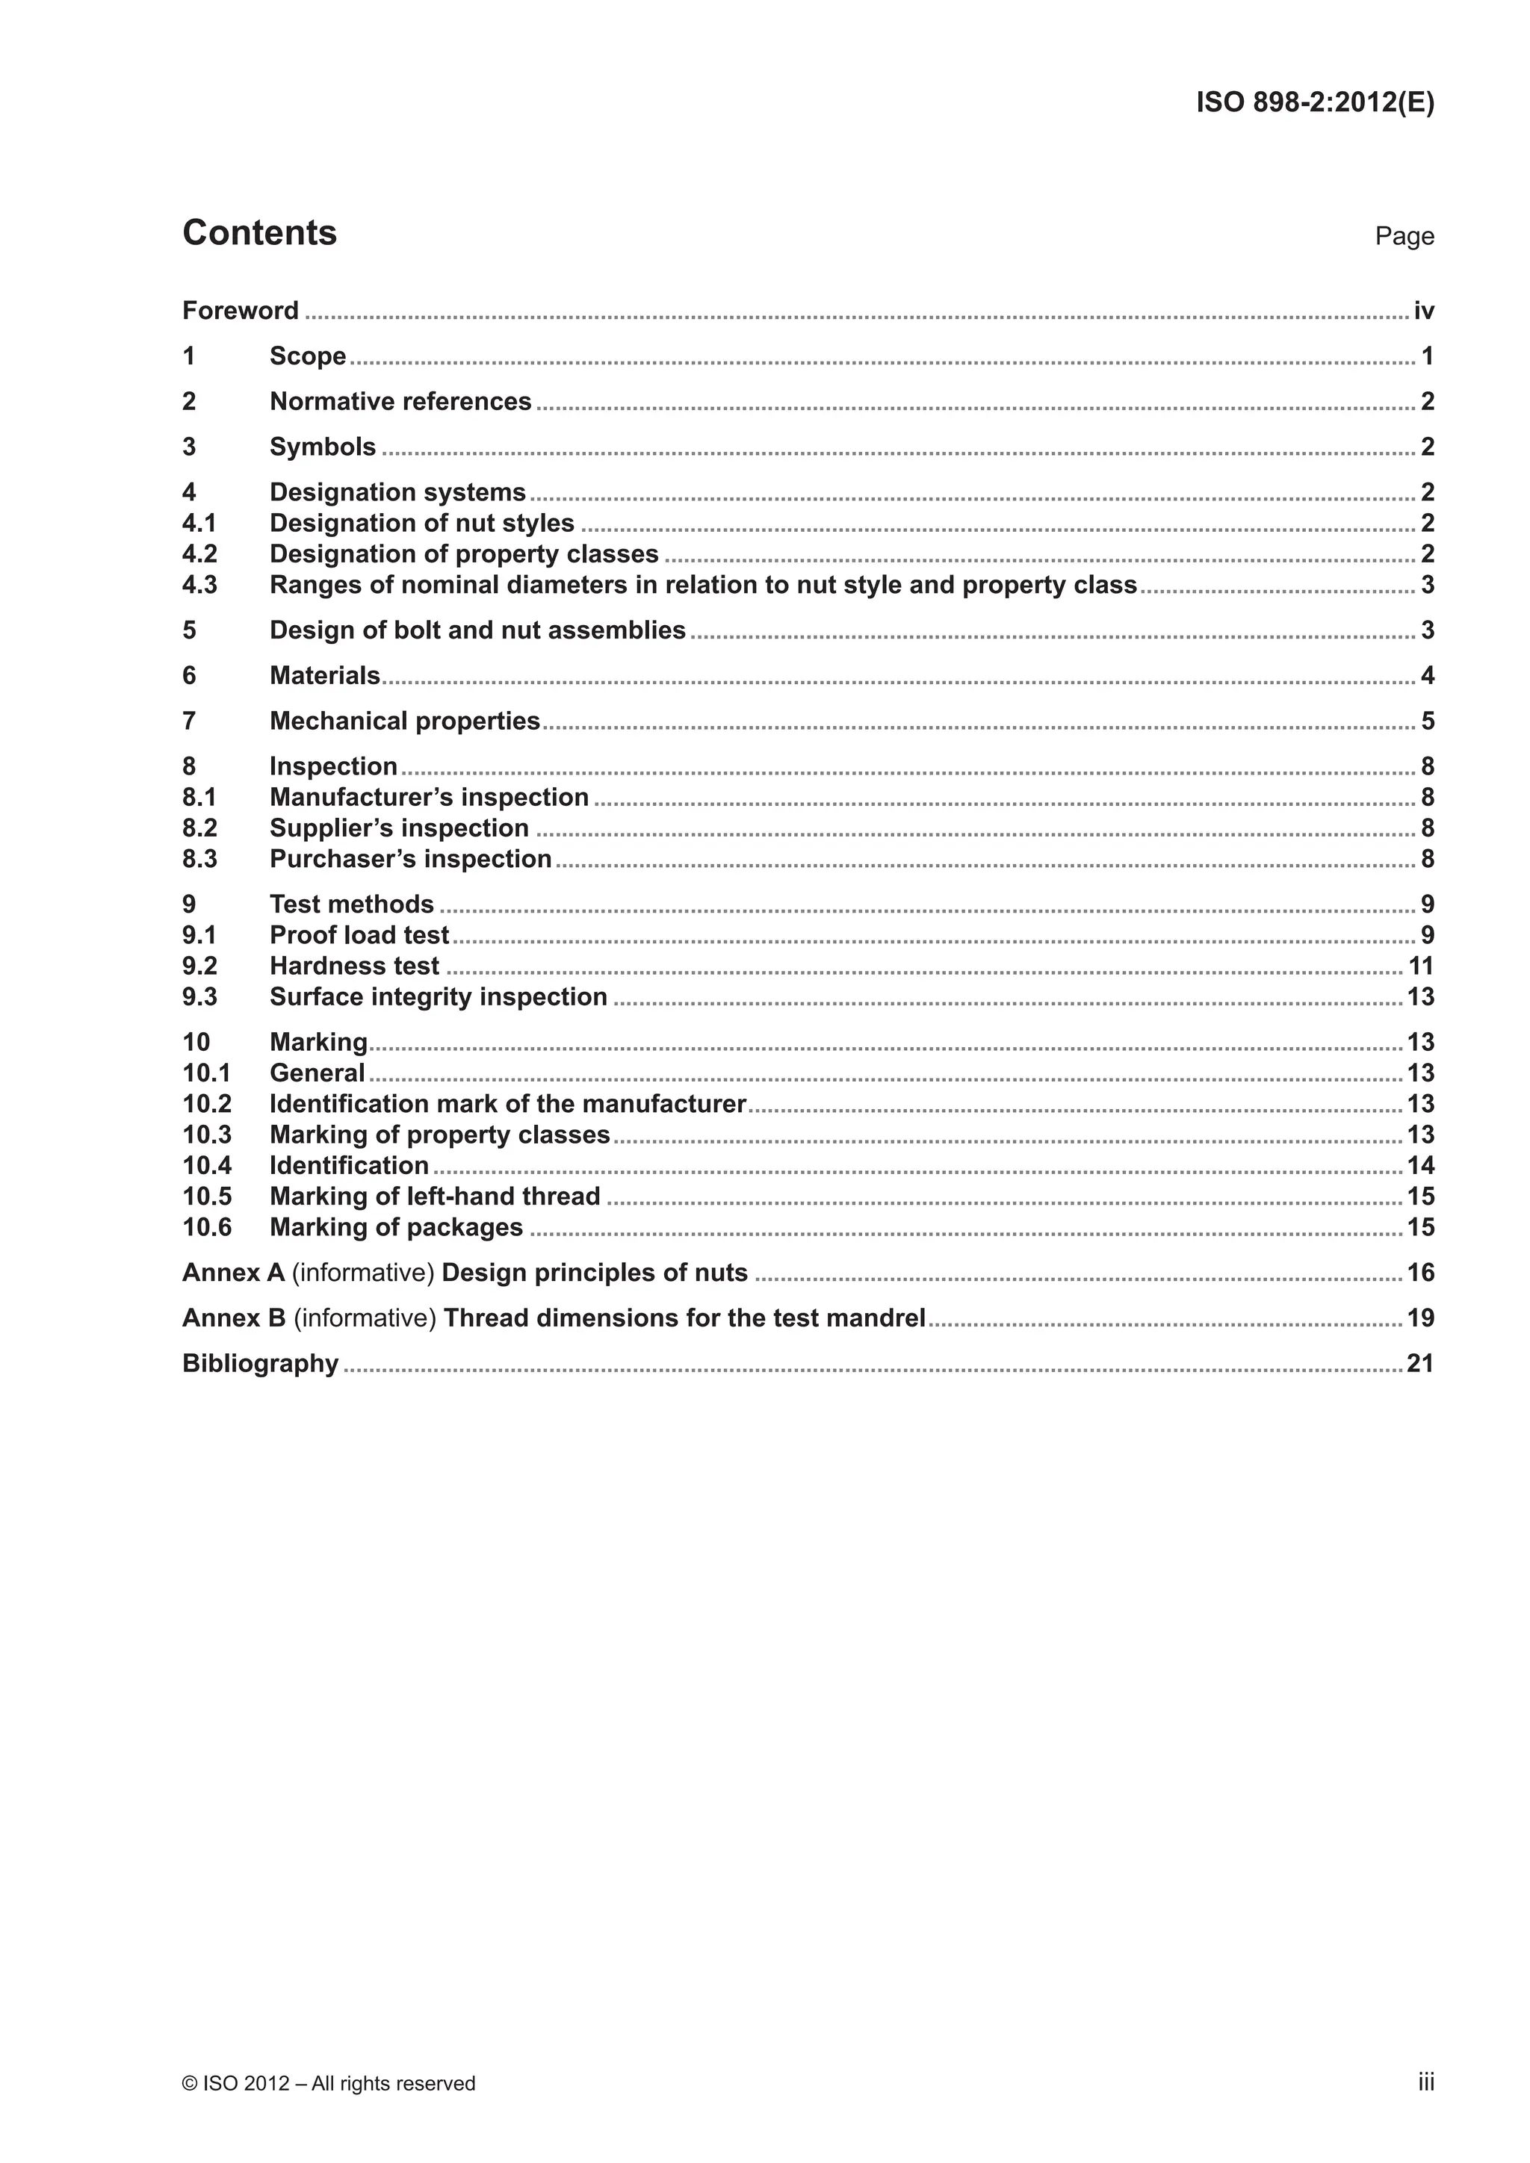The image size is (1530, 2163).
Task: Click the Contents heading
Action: pyautogui.click(x=259, y=233)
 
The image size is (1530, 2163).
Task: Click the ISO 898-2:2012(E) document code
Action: pyautogui.click(x=1314, y=102)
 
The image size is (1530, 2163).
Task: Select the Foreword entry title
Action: pyautogui.click(x=241, y=311)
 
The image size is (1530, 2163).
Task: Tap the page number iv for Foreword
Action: pyautogui.click(x=1423, y=311)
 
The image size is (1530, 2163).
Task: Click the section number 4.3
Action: pyautogui.click(x=199, y=585)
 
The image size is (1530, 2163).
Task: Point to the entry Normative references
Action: pyautogui.click(x=400, y=401)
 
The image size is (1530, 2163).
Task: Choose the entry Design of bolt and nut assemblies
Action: pyautogui.click(x=477, y=630)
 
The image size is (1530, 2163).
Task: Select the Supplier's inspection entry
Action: pyautogui.click(x=400, y=828)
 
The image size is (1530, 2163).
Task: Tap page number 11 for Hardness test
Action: pyautogui.click(x=1419, y=966)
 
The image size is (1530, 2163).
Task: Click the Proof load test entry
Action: pyautogui.click(x=359, y=935)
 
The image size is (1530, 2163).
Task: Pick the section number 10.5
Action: pyautogui.click(x=207, y=1197)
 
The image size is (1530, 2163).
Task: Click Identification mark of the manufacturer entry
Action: pyautogui.click(x=508, y=1104)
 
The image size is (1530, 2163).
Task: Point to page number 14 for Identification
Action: pyautogui.click(x=1419, y=1165)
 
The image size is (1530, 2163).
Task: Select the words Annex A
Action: pyautogui.click(x=232, y=1273)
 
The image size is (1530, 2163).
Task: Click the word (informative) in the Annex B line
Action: pyautogui.click(x=365, y=1318)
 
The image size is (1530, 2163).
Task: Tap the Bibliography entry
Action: pyautogui.click(x=260, y=1364)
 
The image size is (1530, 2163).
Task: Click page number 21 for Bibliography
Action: pyautogui.click(x=1419, y=1364)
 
